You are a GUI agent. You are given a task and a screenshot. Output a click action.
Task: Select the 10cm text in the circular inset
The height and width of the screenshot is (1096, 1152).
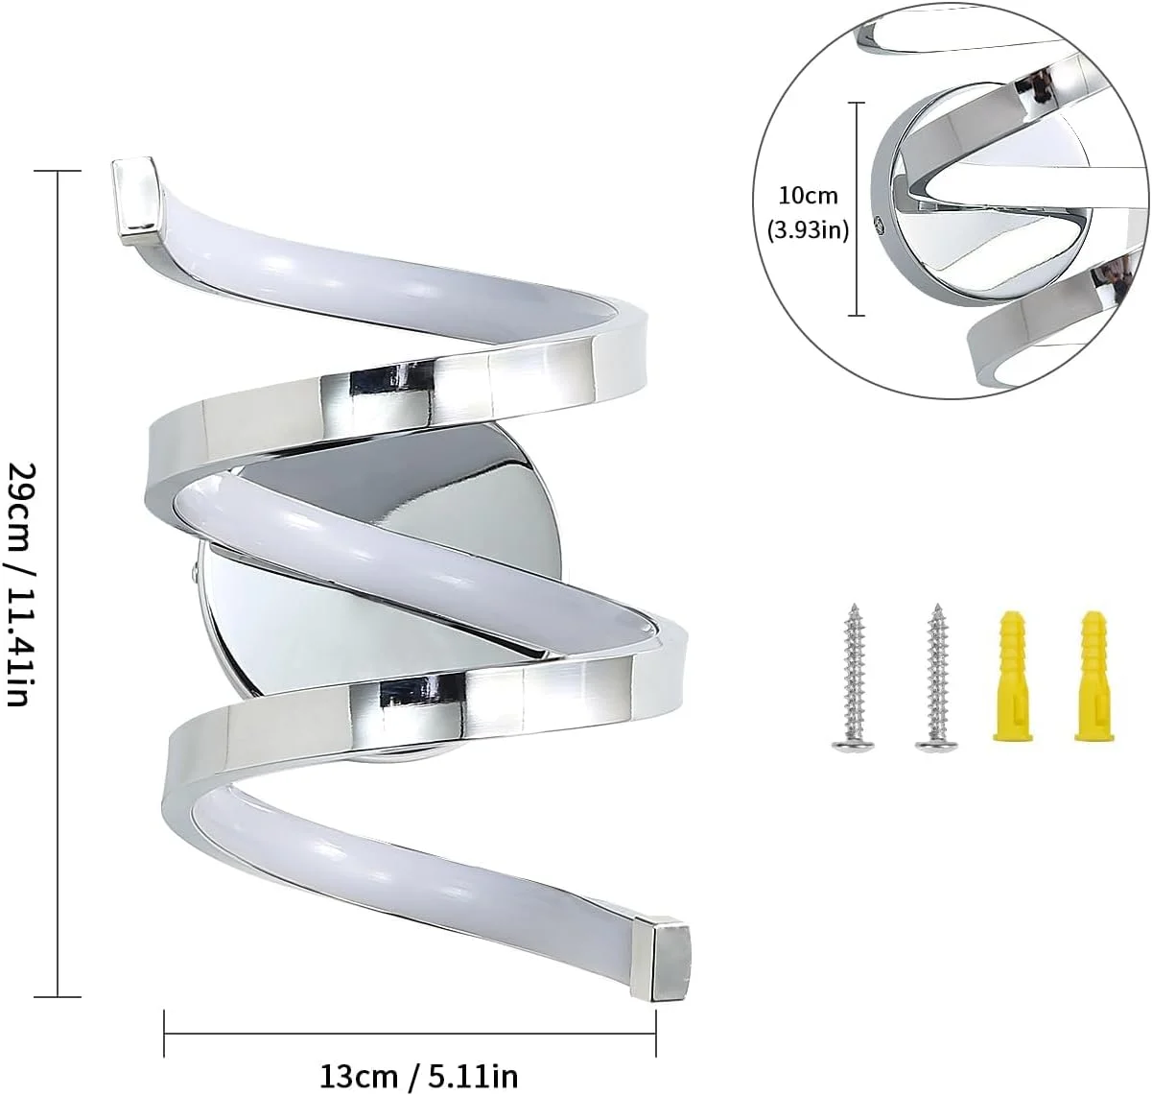coord(808,195)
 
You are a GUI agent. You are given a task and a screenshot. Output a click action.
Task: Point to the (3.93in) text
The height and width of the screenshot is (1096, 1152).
coord(808,230)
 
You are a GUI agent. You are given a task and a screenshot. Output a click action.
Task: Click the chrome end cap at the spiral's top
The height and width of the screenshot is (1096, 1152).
coord(136,200)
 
